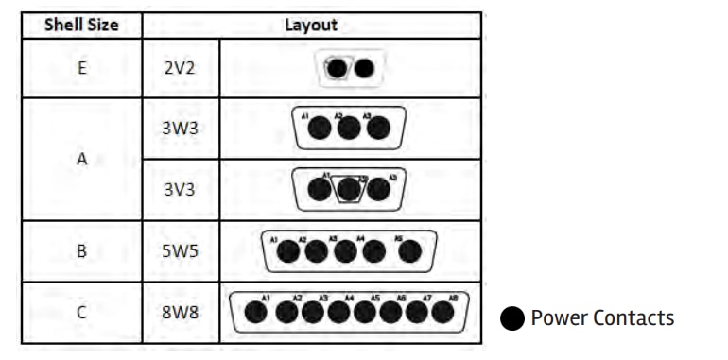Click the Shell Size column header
click(81, 25)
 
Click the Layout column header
click(311, 25)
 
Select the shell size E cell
click(81, 68)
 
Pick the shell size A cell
click(81, 159)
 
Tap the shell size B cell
click(81, 251)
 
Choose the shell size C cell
click(81, 311)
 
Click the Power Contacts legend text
click(602, 317)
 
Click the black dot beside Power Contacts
click(511, 318)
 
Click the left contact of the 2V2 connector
click(337, 69)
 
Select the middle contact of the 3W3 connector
click(349, 128)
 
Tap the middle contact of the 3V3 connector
click(349, 189)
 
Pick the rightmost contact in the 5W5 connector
click(410, 252)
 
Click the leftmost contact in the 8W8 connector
click(255, 311)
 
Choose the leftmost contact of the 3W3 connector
click(321, 128)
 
